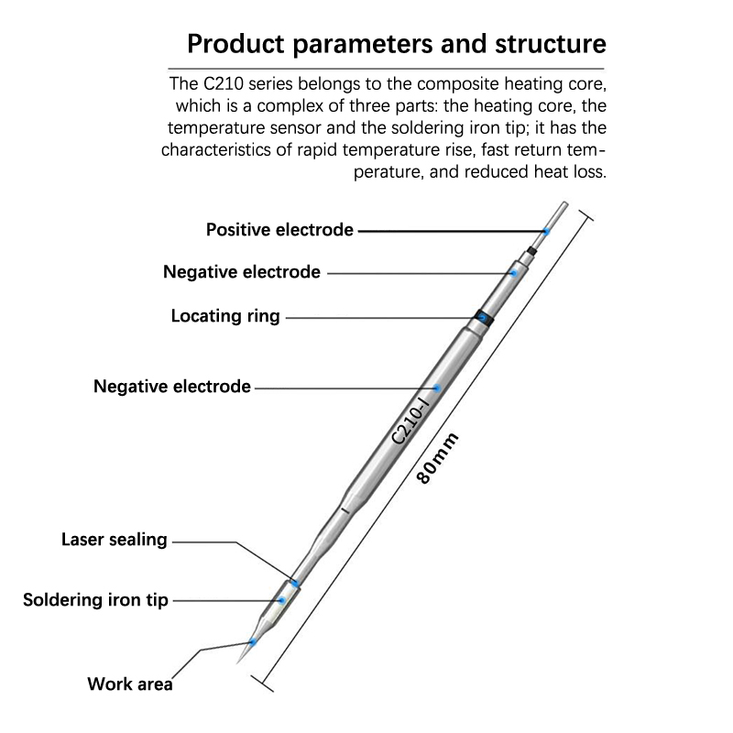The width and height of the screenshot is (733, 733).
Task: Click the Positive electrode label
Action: [x=279, y=230]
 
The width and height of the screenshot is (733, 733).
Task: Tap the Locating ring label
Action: [x=225, y=317]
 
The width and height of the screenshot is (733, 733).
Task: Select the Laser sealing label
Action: [x=115, y=540]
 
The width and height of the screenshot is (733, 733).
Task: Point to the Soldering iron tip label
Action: [x=96, y=601]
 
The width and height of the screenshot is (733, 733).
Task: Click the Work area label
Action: [x=130, y=683]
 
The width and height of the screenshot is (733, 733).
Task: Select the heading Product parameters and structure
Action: [x=395, y=44]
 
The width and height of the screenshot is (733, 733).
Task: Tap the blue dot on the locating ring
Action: [x=482, y=317]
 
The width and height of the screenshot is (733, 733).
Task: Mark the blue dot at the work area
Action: [x=253, y=643]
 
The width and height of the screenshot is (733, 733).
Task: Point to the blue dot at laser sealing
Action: [x=295, y=583]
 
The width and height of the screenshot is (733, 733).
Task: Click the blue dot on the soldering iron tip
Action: [x=281, y=601]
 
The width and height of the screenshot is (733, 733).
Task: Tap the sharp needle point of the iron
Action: [x=237, y=665]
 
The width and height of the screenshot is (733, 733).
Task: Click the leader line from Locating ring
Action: [x=376, y=318]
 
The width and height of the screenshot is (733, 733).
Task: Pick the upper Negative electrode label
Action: [x=242, y=272]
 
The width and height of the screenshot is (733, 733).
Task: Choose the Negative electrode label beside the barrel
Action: [x=172, y=387]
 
